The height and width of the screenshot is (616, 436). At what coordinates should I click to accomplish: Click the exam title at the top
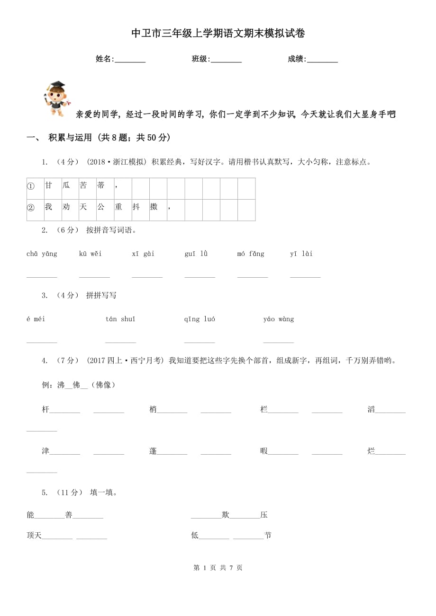(218, 34)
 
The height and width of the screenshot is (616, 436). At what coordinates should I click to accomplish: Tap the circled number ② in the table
(31, 207)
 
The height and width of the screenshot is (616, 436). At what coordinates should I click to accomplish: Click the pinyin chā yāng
(42, 254)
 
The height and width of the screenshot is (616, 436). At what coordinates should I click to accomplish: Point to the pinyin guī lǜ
(196, 254)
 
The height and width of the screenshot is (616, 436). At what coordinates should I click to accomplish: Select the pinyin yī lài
(301, 254)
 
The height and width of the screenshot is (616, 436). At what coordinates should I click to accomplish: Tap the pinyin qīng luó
(200, 319)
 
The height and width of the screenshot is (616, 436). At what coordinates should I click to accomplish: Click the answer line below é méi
(42, 341)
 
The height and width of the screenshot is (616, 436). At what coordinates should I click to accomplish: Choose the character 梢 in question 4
(153, 410)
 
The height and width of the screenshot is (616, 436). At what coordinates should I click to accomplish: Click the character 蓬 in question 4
(153, 451)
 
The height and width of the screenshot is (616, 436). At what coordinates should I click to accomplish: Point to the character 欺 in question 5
(226, 515)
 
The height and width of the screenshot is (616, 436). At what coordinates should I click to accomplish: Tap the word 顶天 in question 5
(34, 536)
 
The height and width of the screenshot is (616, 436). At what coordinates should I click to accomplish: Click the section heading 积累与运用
(70, 138)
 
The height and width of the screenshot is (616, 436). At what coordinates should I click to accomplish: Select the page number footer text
(218, 568)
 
